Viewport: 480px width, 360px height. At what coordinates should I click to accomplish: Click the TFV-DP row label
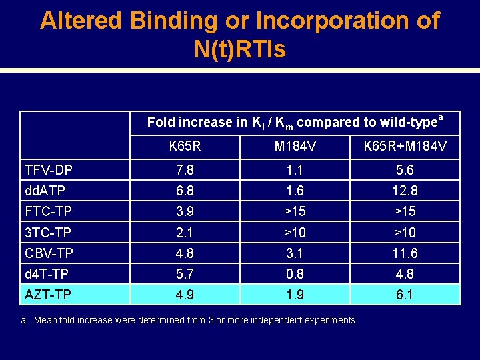pyautogui.click(x=49, y=171)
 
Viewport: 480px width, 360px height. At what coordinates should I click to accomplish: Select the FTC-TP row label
pyautogui.click(x=48, y=212)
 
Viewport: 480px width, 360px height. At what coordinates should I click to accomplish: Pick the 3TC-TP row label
pyautogui.click(x=48, y=233)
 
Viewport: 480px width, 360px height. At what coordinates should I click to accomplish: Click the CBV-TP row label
pyautogui.click(x=49, y=253)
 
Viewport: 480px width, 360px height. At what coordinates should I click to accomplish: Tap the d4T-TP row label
pyautogui.click(x=47, y=274)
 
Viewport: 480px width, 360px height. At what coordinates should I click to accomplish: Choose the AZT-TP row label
pyautogui.click(x=48, y=295)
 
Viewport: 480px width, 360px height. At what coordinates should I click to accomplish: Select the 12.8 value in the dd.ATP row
pyautogui.click(x=405, y=191)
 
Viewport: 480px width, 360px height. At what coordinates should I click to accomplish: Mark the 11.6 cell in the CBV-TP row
pyautogui.click(x=405, y=253)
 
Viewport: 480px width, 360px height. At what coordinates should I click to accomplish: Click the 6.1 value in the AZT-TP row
pyautogui.click(x=405, y=295)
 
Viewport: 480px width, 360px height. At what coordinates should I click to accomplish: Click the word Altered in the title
pyautogui.click(x=81, y=21)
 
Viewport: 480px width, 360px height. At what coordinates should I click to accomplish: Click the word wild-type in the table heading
pyautogui.click(x=407, y=123)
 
